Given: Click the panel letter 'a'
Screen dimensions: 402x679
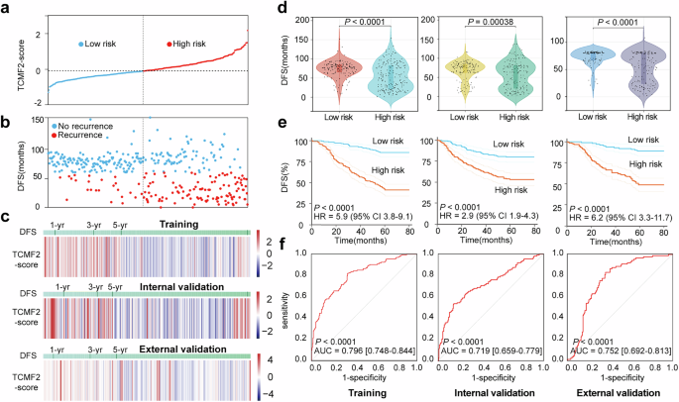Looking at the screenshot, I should pyautogui.click(x=7, y=9).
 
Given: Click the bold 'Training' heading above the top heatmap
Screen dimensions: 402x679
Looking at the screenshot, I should pyautogui.click(x=175, y=225).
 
